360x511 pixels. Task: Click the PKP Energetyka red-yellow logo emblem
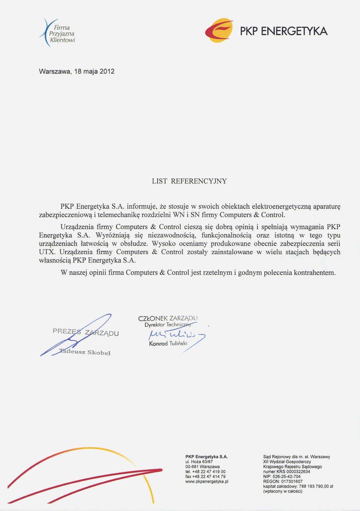(219, 31)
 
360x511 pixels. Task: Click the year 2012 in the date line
(107, 71)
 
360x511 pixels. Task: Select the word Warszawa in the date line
(54, 71)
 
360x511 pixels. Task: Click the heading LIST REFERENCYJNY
(189, 181)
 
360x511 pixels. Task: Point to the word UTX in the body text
(47, 252)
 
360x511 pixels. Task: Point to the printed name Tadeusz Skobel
(85, 352)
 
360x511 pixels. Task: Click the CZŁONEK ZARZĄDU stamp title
(168, 318)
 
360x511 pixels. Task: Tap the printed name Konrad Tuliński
(168, 343)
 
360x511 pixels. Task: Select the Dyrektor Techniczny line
(168, 325)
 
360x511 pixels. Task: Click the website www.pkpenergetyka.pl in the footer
(207, 481)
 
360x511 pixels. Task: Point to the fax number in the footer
(205, 477)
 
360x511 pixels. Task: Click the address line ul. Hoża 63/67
(199, 462)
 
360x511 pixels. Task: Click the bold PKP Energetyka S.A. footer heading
(206, 457)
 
